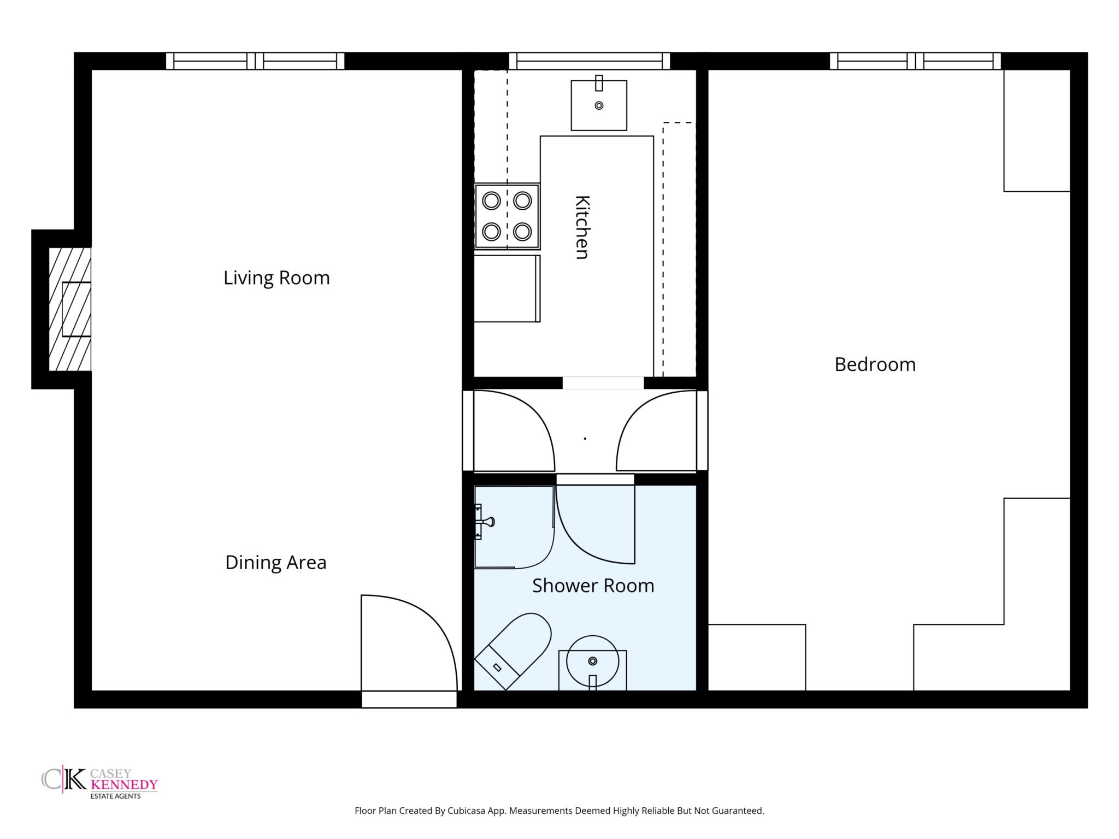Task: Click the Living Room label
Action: click(x=276, y=278)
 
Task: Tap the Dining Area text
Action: click(x=276, y=562)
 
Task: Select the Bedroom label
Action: click(x=875, y=364)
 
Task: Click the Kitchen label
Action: click(x=582, y=227)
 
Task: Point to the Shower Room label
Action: click(x=593, y=586)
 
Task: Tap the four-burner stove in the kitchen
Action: click(x=507, y=216)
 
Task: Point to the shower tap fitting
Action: click(x=484, y=522)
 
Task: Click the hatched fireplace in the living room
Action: click(x=70, y=309)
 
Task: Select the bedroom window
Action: click(x=915, y=61)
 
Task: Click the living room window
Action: click(x=255, y=61)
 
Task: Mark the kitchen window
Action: click(x=590, y=61)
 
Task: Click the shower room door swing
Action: click(x=596, y=524)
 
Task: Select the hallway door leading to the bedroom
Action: click(x=657, y=430)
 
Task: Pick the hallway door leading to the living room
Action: click(x=514, y=430)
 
